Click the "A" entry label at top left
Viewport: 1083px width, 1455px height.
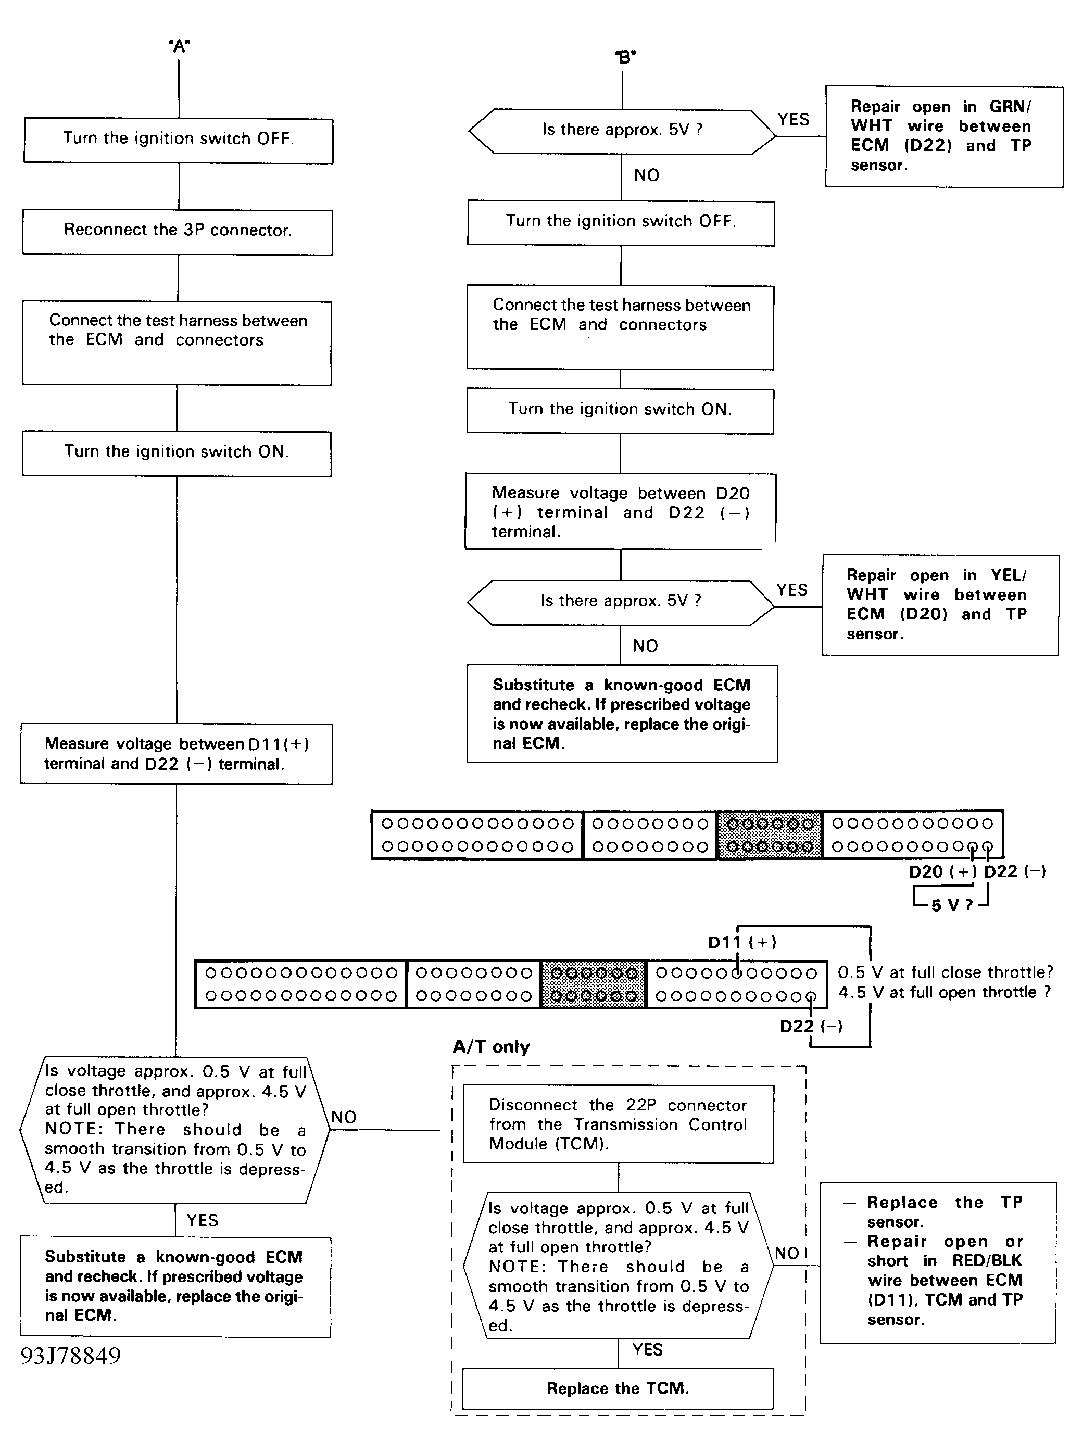(x=179, y=46)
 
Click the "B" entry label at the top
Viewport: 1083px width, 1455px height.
(x=625, y=58)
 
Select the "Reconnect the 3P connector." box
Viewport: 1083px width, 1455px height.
(x=178, y=232)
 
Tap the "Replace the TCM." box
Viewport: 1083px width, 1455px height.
(x=618, y=1388)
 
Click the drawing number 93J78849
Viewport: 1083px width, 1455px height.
(x=71, y=1356)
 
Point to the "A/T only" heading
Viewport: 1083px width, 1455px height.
(x=491, y=1047)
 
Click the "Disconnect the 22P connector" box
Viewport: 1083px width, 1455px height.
(x=618, y=1124)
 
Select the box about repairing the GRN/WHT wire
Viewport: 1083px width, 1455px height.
(x=944, y=137)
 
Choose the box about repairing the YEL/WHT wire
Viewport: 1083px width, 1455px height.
(x=940, y=605)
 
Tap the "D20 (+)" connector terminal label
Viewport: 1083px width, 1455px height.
(x=943, y=871)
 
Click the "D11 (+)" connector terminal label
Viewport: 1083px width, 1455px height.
(x=742, y=942)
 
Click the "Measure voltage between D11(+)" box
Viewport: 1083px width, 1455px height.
(x=177, y=754)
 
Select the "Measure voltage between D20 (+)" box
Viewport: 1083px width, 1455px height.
(x=621, y=512)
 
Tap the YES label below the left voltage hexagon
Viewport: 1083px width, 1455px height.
(x=202, y=1220)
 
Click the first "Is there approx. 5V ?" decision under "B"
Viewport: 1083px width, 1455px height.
(x=622, y=132)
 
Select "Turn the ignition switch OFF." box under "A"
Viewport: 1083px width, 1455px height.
(x=178, y=140)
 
